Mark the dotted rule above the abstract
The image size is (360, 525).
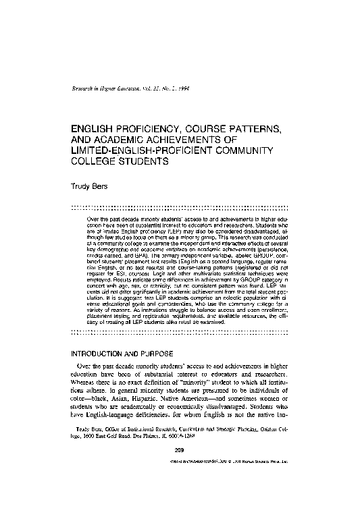pyautogui.click(x=180, y=207)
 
